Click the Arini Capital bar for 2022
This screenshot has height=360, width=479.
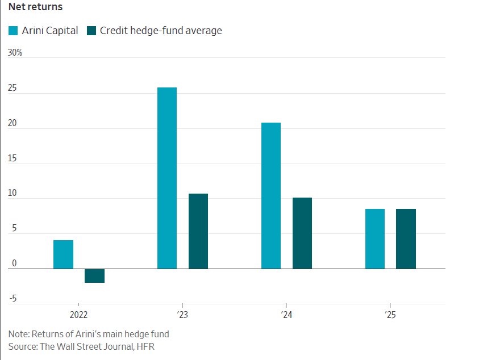coord(63,254)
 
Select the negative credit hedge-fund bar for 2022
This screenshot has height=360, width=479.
coord(94,275)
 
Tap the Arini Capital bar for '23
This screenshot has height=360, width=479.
coord(167,178)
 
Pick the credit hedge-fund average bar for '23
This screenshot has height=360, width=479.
coord(198,231)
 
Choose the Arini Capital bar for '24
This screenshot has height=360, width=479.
coord(271,195)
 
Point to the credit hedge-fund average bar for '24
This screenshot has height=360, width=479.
coord(302,233)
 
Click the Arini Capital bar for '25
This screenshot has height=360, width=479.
coord(375,238)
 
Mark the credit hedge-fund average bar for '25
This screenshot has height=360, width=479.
coord(406,238)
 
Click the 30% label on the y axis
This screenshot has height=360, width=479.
coord(15,53)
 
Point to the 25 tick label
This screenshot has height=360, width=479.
coord(13,89)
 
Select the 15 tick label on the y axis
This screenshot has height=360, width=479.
coord(13,159)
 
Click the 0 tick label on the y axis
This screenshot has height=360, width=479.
coord(14,264)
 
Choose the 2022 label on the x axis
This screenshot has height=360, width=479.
coord(79,314)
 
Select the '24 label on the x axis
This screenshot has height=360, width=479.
coord(286,314)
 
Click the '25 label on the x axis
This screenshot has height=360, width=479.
coord(390,314)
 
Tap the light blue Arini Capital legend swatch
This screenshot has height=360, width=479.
coord(13,31)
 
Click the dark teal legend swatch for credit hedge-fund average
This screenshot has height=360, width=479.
coord(91,31)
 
